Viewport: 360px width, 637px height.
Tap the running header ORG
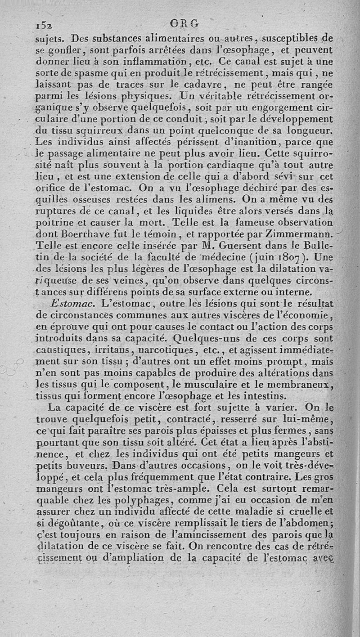tap(184, 23)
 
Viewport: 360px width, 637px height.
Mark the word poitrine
tap(54, 223)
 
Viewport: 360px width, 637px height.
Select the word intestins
tap(261, 396)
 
